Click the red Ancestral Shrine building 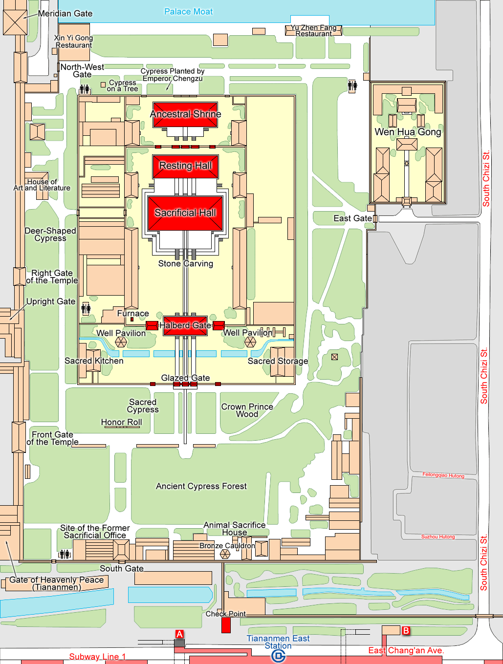coord(185,115)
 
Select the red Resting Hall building coord(186,167)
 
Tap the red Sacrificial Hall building coord(185,213)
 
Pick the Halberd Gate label coord(185,325)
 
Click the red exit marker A coord(179,634)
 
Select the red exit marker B coord(406,630)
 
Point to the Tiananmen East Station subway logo coord(278,657)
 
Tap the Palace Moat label coord(188,12)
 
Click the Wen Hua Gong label coord(408,132)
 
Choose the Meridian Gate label coord(65,14)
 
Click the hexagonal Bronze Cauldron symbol coord(225,554)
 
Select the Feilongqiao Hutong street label coord(443,475)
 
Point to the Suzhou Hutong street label coord(438,536)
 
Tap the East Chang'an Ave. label coord(406,650)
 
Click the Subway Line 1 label coord(97,657)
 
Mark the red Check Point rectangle coord(226,625)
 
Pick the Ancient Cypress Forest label coord(201,486)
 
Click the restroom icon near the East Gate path coord(352,86)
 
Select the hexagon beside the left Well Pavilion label coord(121,342)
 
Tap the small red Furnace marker coord(132,319)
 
